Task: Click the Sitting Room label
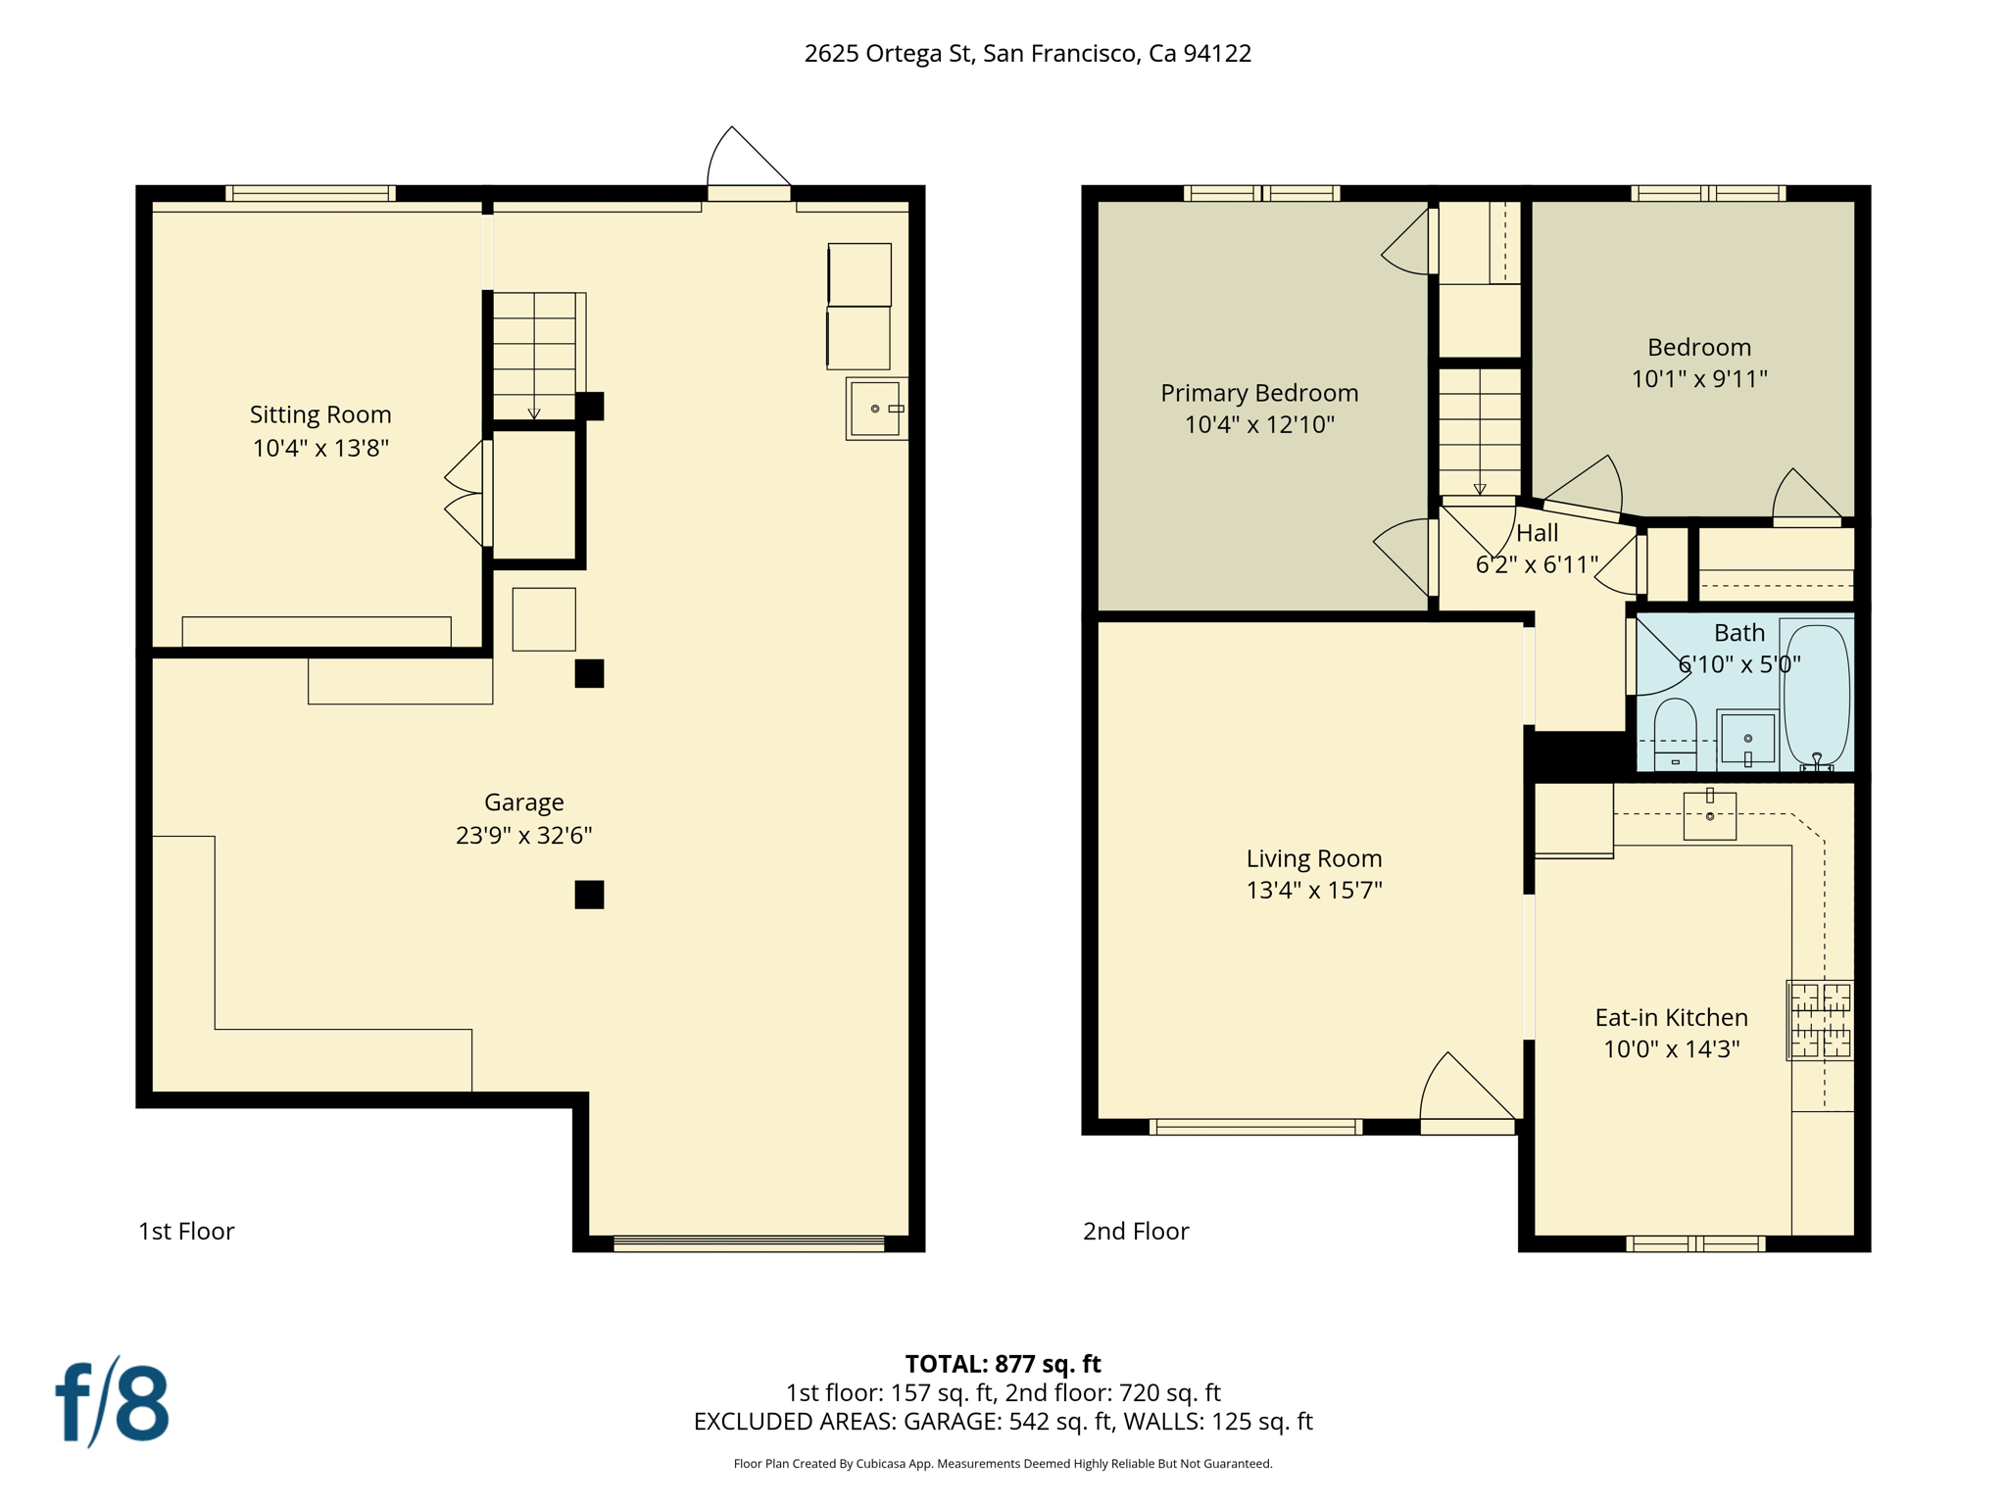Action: [x=320, y=414]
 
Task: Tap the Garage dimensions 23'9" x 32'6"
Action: [x=523, y=835]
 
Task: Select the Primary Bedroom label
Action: [x=1259, y=393]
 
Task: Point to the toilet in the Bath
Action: [x=1675, y=733]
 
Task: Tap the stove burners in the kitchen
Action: [x=1820, y=1020]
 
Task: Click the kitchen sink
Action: [x=1709, y=816]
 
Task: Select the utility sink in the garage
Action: [x=875, y=409]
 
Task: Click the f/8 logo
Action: [x=112, y=1403]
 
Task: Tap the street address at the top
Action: [x=1027, y=53]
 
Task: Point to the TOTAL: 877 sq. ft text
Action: [x=1003, y=1364]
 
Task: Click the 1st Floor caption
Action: [x=186, y=1232]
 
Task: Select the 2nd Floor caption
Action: [x=1135, y=1232]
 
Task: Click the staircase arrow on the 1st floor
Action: [x=534, y=413]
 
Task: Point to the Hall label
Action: [x=1537, y=533]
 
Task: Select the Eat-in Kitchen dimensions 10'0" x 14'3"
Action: [x=1671, y=1049]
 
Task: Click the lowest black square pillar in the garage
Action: [x=589, y=895]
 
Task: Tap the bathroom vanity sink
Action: [x=1747, y=739]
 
